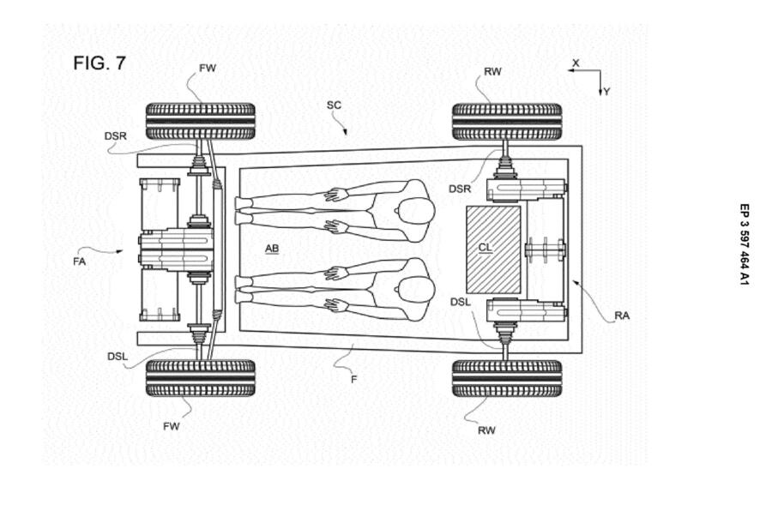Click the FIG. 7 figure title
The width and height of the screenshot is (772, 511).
pyautogui.click(x=99, y=63)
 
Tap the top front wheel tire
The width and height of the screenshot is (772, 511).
pyautogui.click(x=200, y=121)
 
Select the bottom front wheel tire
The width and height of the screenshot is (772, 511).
pyautogui.click(x=200, y=377)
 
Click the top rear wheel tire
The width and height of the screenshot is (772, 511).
pyautogui.click(x=506, y=121)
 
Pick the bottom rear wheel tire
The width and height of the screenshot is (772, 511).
pyautogui.click(x=506, y=377)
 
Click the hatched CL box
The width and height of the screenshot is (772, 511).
pyautogui.click(x=492, y=249)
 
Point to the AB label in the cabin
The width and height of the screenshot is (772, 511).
pyautogui.click(x=272, y=249)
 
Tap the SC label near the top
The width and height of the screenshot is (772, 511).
pyautogui.click(x=334, y=105)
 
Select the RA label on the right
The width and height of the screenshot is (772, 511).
pyautogui.click(x=622, y=316)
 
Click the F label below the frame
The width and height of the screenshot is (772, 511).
pyautogui.click(x=353, y=378)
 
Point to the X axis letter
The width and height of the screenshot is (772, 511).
pyautogui.click(x=576, y=63)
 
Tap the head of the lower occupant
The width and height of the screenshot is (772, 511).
pyautogui.click(x=415, y=288)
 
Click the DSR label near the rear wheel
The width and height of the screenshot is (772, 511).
pyautogui.click(x=460, y=188)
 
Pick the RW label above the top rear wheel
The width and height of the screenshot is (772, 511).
pyautogui.click(x=492, y=72)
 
